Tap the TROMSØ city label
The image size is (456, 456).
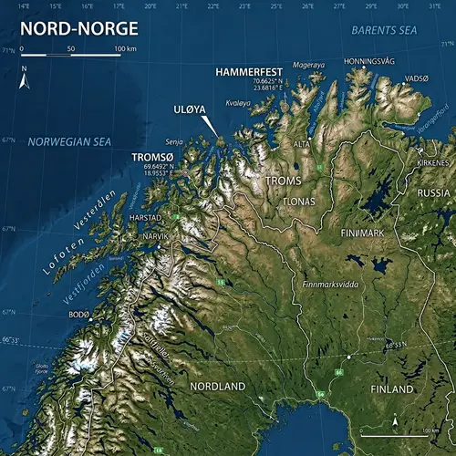154,156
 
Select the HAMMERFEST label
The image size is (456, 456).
249,70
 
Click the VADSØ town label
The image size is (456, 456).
416,78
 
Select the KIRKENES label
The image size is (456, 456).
432,161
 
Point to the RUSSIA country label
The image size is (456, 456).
433,192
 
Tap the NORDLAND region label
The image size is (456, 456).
216,387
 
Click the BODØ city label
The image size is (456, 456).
80,314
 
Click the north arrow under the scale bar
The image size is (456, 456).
25,80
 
